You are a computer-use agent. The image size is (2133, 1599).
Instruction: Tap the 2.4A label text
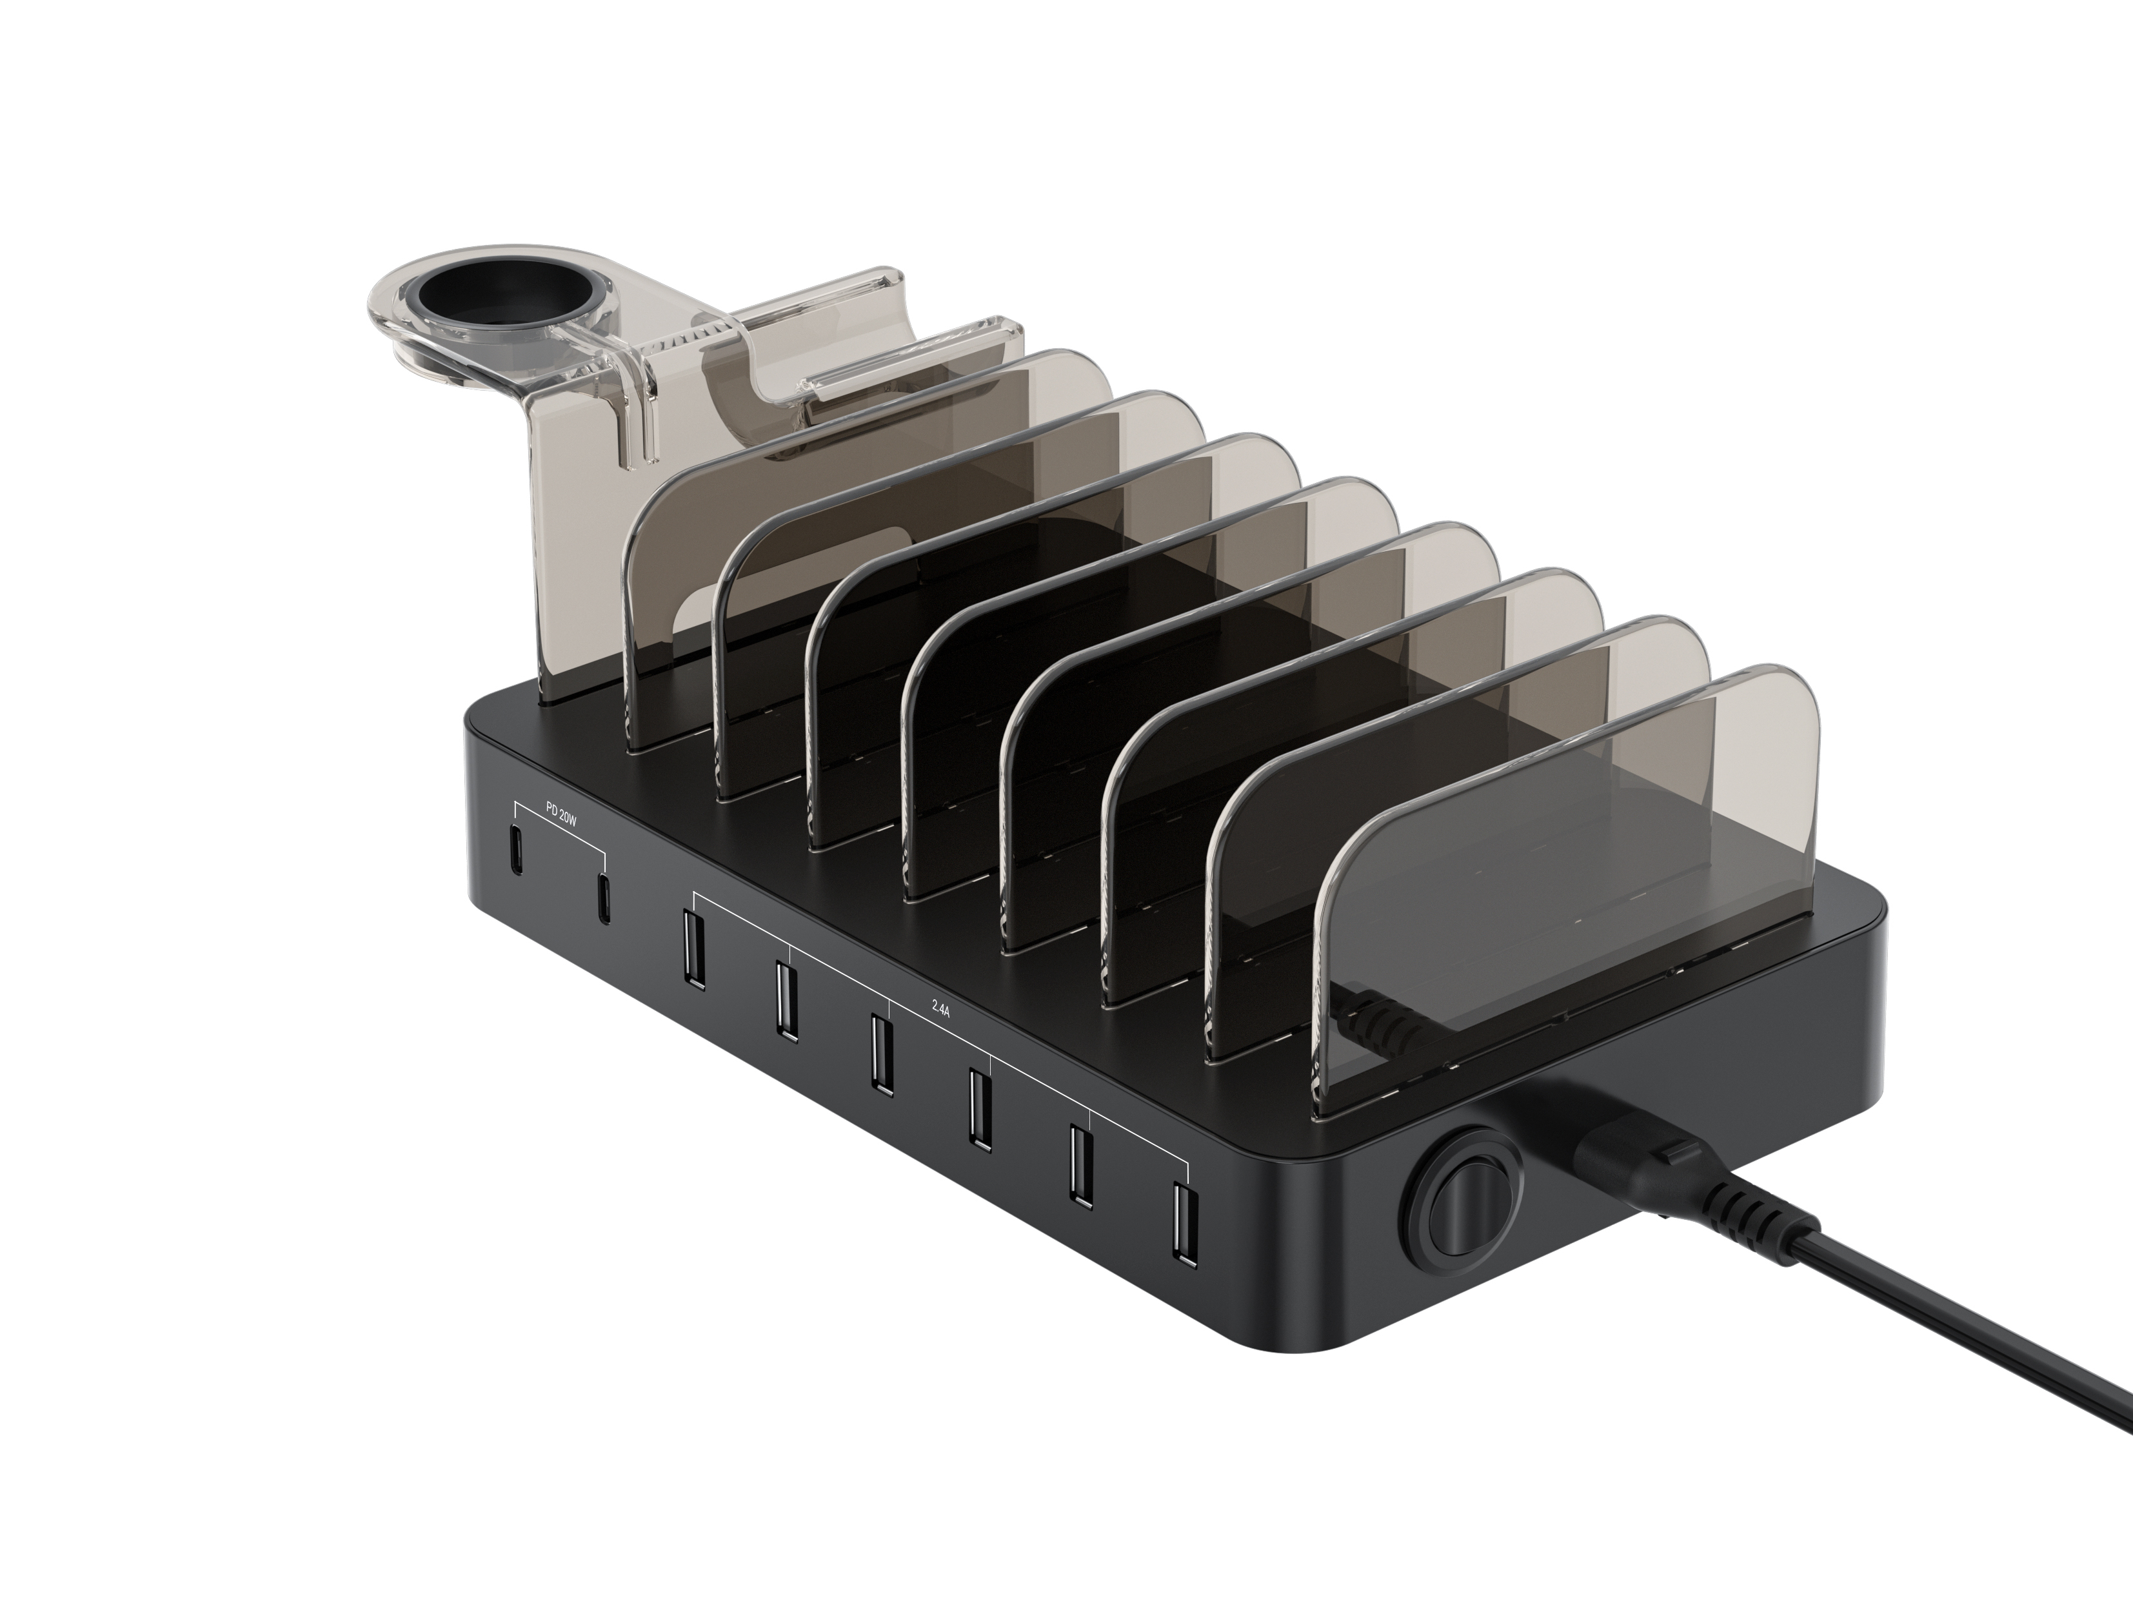pos(940,1008)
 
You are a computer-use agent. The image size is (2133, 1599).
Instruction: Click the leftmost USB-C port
pos(516,848)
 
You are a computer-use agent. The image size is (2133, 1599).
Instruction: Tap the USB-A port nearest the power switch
pos(1184,1225)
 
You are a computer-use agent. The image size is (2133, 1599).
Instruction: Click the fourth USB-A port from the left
pos(980,1110)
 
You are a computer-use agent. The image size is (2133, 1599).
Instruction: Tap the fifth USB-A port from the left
pos(1079,1165)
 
